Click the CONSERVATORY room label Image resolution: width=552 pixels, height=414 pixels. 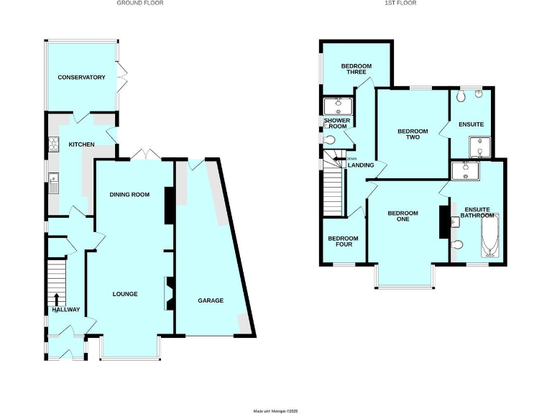[x=82, y=78]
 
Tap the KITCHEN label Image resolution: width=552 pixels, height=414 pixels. [x=81, y=145]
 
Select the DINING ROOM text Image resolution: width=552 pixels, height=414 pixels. [x=129, y=195]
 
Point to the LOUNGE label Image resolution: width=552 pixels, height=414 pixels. [x=124, y=294]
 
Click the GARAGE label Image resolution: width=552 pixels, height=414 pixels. [x=211, y=300]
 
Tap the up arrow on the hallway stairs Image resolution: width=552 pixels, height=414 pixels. [x=57, y=300]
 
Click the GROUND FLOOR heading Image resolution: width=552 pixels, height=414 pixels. [x=140, y=4]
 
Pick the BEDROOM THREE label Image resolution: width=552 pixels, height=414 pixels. [x=356, y=69]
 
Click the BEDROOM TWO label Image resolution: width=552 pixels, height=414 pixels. [x=413, y=134]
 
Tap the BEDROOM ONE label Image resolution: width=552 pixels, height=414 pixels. [x=402, y=216]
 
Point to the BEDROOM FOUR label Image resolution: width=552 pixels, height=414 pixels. [x=343, y=241]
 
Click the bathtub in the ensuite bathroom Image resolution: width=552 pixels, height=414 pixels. [x=490, y=238]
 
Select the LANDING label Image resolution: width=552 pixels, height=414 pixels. [x=361, y=165]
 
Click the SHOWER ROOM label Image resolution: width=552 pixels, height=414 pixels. [x=336, y=124]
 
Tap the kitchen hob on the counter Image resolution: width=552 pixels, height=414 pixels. [x=52, y=146]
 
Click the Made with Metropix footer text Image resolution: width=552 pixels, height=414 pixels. [x=275, y=410]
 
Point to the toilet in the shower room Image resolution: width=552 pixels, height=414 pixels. [x=329, y=140]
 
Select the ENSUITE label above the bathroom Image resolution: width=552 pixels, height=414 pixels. [x=471, y=124]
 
